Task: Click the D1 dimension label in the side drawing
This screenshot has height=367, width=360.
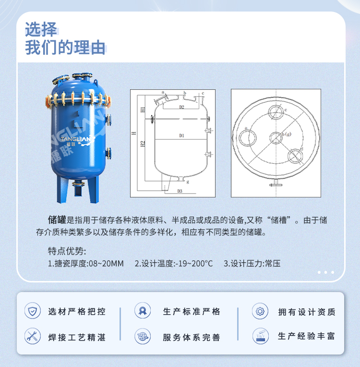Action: point(182,136)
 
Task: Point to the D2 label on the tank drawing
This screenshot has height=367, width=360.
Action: point(182,107)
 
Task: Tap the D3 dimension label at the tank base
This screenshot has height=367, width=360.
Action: point(180,191)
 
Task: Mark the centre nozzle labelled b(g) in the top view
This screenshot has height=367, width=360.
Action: point(276,137)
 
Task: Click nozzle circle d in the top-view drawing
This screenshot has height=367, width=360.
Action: point(294,156)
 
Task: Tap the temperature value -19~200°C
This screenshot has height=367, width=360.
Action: point(194,263)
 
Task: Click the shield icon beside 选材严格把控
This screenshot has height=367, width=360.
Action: point(33,311)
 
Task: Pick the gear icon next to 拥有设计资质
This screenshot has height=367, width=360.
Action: point(260,311)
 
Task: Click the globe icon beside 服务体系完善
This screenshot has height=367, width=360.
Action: point(143,336)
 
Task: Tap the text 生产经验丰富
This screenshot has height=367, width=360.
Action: point(306,336)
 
